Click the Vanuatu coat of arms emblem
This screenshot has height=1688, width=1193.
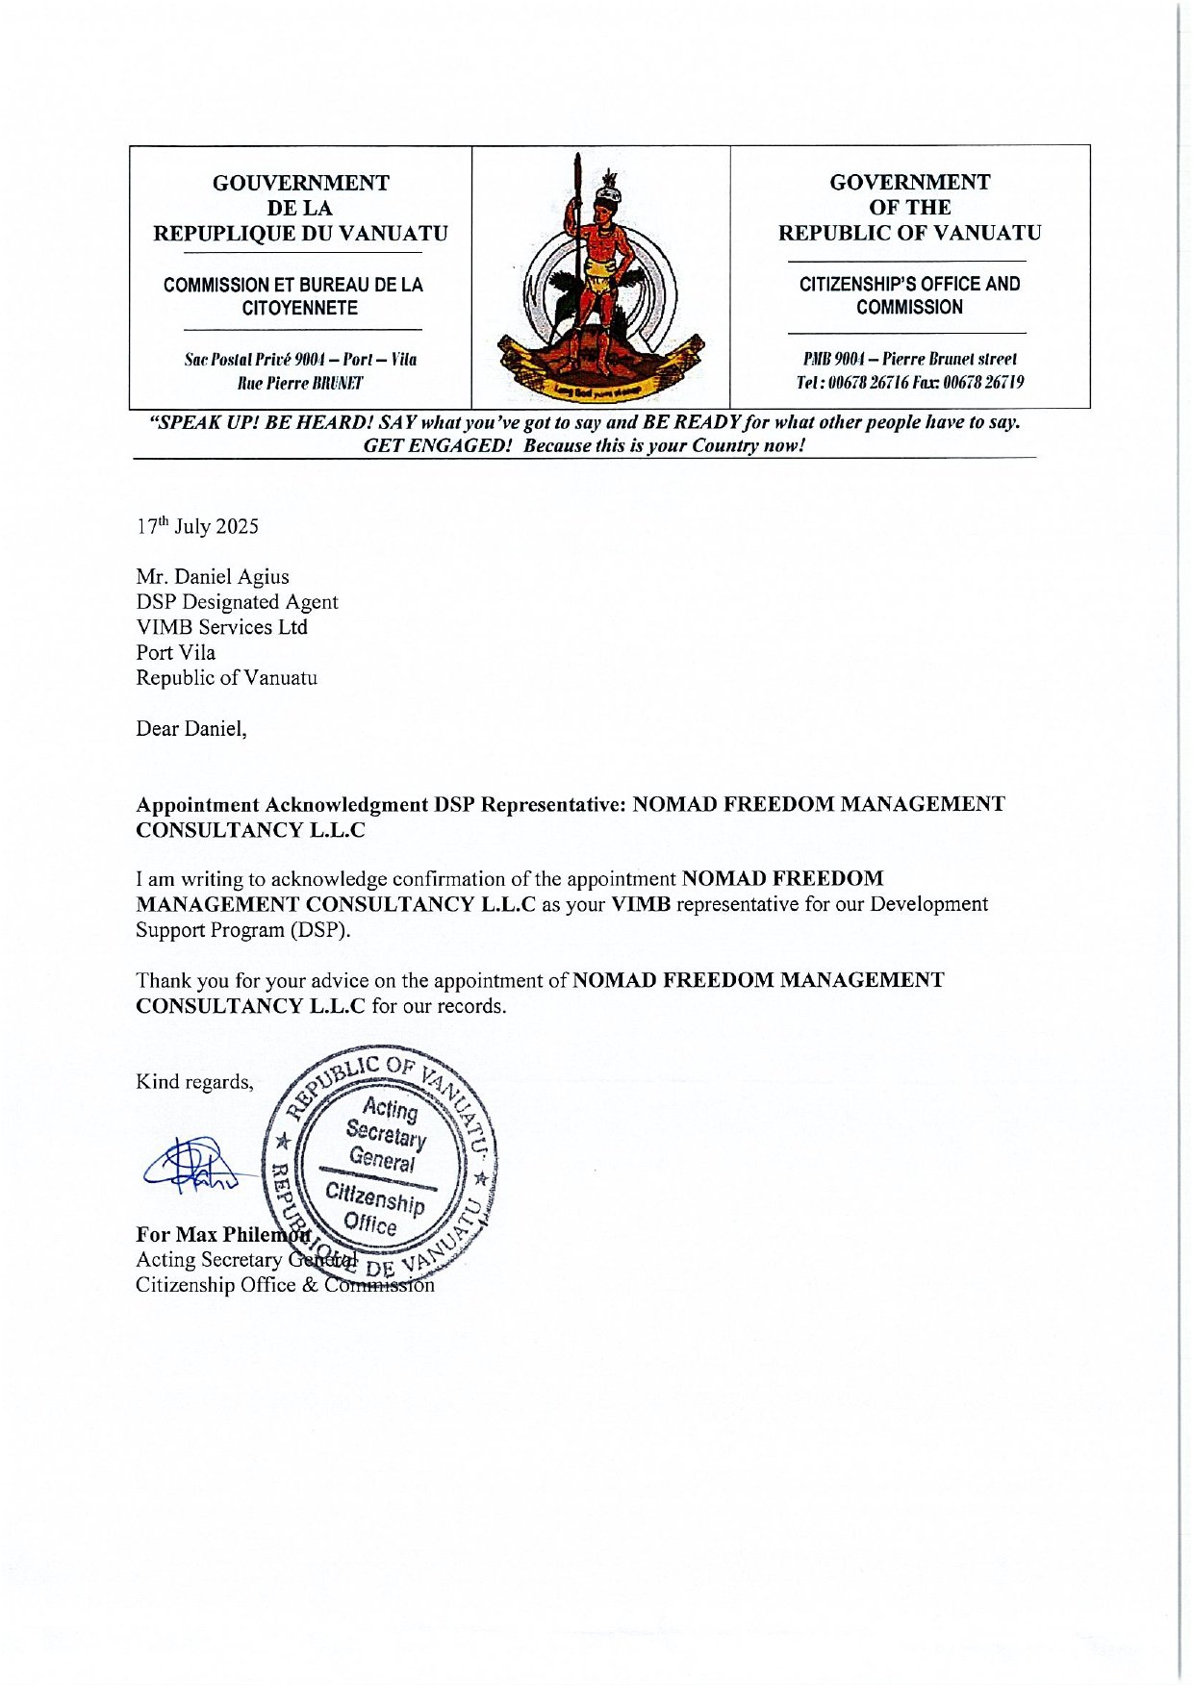click(600, 279)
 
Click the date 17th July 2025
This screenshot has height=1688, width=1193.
click(197, 526)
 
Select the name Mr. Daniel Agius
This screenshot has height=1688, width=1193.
click(213, 577)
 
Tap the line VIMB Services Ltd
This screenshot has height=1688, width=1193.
click(221, 627)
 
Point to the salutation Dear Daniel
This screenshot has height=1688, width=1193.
click(190, 729)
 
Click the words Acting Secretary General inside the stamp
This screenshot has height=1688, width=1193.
click(388, 1136)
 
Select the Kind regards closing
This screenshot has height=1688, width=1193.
click(194, 1082)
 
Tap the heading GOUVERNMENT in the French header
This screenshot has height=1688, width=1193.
click(300, 183)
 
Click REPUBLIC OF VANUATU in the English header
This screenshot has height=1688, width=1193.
click(909, 233)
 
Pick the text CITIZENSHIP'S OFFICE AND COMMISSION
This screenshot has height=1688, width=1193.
click(909, 295)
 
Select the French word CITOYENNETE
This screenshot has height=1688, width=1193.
click(299, 308)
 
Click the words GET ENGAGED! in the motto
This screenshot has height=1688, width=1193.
click(437, 445)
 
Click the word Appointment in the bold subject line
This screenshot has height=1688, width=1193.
click(197, 804)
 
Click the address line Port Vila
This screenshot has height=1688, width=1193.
click(175, 652)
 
